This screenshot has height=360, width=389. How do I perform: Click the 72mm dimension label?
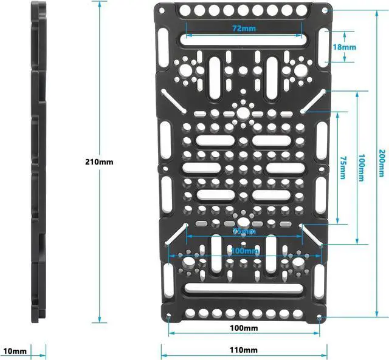tap(243, 29)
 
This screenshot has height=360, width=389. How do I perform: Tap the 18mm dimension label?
tap(344, 47)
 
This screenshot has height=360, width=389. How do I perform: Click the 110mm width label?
tap(243, 350)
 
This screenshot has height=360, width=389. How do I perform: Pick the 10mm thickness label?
tap(15, 350)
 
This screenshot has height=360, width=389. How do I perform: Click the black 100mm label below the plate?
tap(243, 328)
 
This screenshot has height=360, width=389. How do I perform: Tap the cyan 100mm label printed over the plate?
tap(244, 251)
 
